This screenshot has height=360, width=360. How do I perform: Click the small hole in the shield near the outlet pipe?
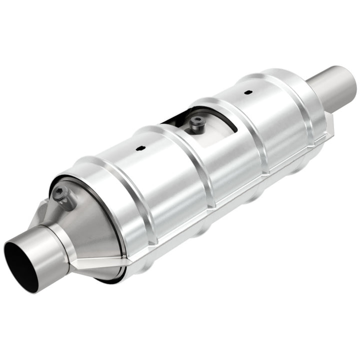pyautogui.click(x=247, y=92)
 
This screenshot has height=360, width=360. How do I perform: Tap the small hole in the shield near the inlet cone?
pyautogui.click(x=139, y=148)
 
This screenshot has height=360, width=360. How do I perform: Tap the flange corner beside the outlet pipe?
pyautogui.click(x=328, y=120)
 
